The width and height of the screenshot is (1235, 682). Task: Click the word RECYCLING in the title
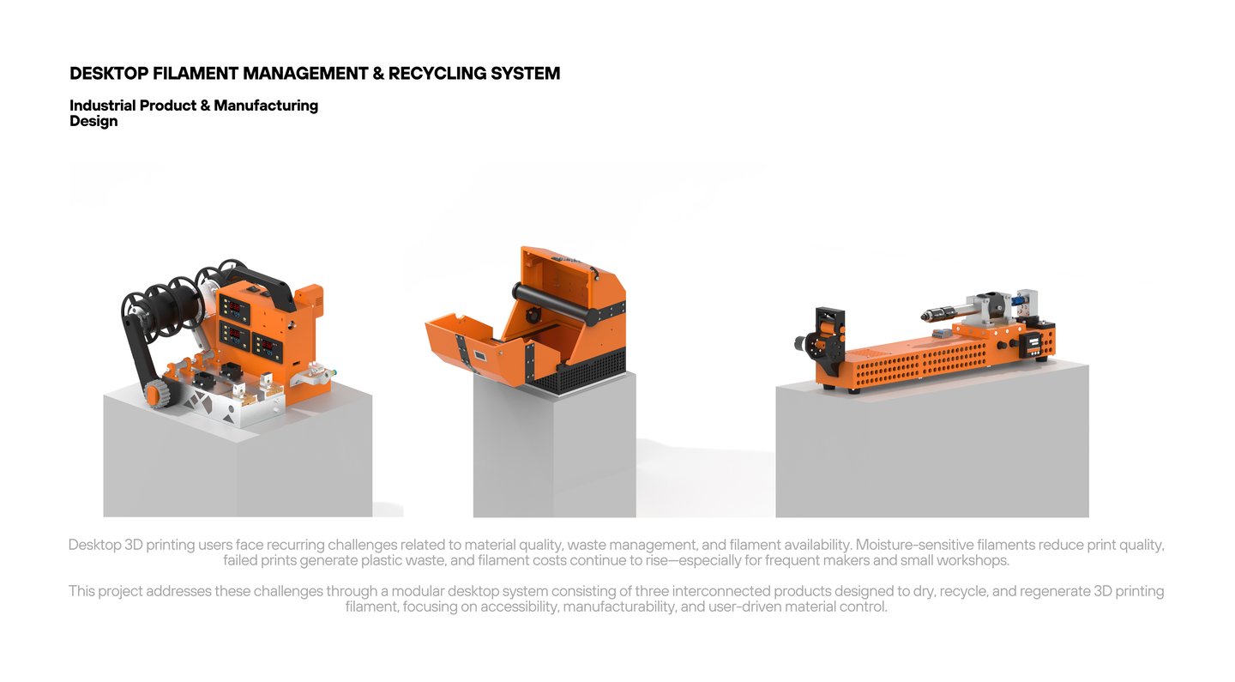(x=437, y=74)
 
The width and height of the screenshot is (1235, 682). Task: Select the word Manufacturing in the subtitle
(x=266, y=106)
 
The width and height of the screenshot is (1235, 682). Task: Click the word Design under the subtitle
(x=93, y=121)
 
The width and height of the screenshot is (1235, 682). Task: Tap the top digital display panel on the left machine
(x=234, y=306)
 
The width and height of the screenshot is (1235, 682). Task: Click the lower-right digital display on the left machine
(x=268, y=347)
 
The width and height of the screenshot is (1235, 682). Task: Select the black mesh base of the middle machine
(x=583, y=371)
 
